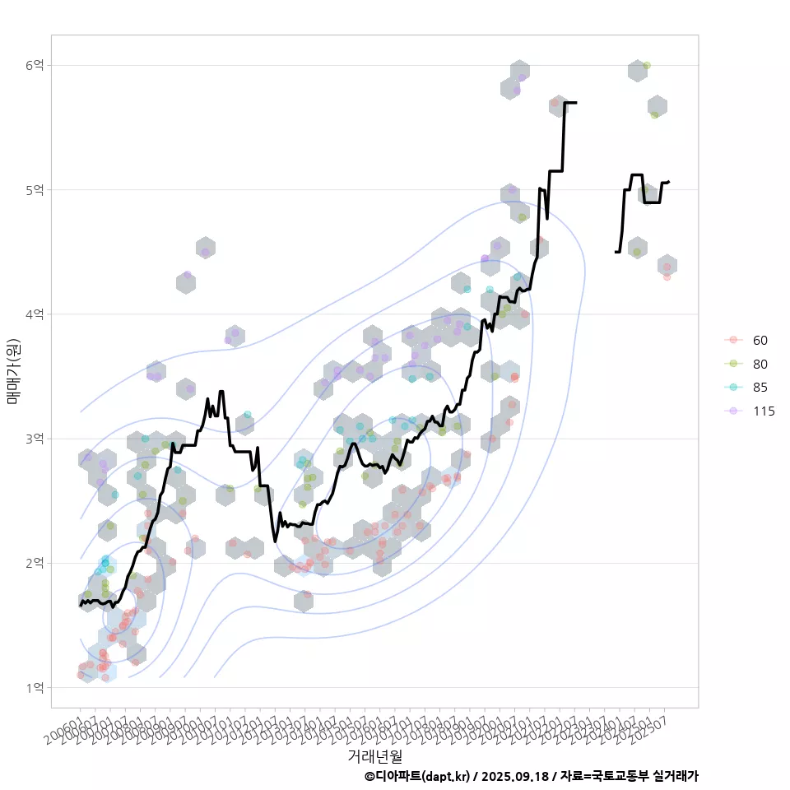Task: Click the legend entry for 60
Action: click(x=760, y=341)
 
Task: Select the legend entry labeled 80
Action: click(x=760, y=364)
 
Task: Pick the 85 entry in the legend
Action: click(x=760, y=388)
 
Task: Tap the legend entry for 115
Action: click(x=763, y=411)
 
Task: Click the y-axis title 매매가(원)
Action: click(x=13, y=371)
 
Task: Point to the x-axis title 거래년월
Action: click(x=374, y=755)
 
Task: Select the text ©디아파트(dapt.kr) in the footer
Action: click(x=417, y=776)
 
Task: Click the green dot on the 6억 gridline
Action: click(x=647, y=65)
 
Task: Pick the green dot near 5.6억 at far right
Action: click(x=654, y=115)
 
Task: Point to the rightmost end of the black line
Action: click(x=669, y=181)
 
